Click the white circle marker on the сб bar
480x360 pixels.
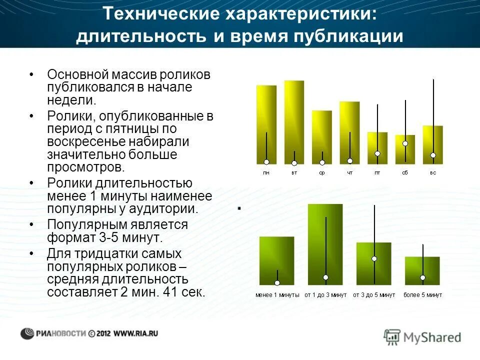[x=405, y=143]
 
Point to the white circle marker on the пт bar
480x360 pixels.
[x=377, y=153]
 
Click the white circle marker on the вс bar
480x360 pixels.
[x=433, y=154]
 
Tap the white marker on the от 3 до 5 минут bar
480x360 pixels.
[x=374, y=258]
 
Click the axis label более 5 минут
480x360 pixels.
[x=422, y=295]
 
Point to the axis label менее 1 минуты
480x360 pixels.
[x=277, y=295]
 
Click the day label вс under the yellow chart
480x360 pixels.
[x=433, y=172]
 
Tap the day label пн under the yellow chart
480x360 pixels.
[x=266, y=172]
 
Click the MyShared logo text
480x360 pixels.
[x=432, y=337]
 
